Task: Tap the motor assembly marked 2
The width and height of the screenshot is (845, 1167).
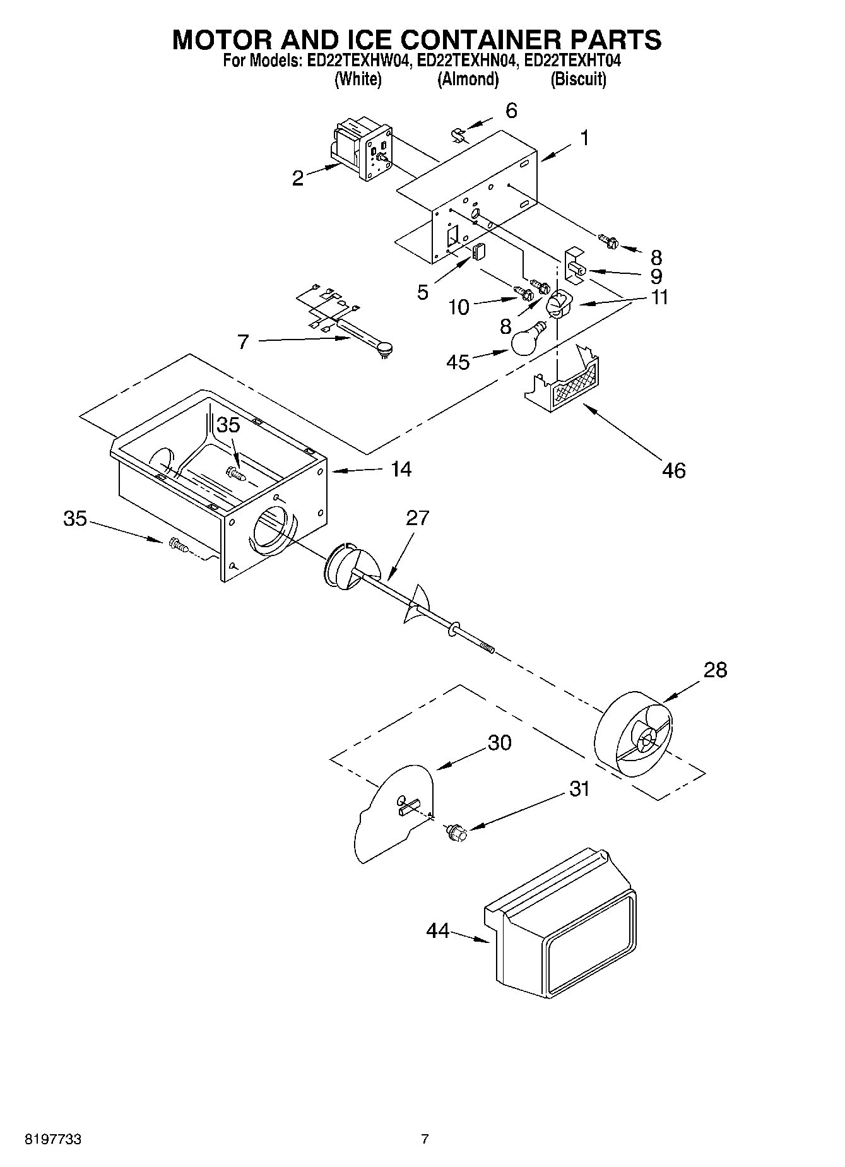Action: click(362, 150)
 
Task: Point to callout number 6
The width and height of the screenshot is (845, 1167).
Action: click(511, 110)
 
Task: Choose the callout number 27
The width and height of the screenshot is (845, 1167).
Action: click(417, 518)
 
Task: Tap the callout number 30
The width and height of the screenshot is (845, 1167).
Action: click(499, 743)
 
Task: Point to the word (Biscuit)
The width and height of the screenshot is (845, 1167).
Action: click(578, 80)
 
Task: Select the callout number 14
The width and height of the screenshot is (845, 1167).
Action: click(401, 469)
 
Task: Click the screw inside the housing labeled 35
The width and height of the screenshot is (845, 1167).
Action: click(235, 472)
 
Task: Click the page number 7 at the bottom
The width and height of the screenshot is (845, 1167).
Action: click(425, 1139)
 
